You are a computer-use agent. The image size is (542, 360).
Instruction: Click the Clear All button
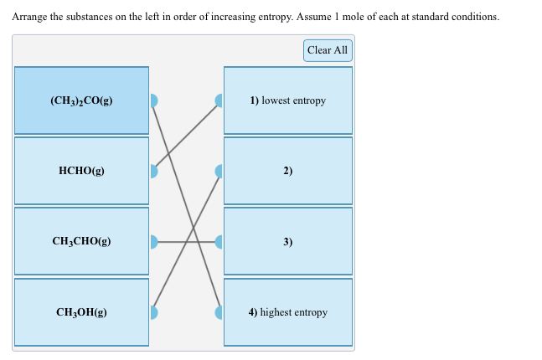[327, 50]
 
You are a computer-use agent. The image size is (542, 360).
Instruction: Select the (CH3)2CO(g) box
[81, 100]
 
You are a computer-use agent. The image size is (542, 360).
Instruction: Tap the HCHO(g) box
[81, 171]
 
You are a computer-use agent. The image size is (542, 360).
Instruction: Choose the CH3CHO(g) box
[81, 241]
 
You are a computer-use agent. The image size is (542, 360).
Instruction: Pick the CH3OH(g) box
[81, 312]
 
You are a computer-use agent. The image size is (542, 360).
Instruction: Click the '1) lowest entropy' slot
[288, 100]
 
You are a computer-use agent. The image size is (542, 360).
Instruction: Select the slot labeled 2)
[288, 171]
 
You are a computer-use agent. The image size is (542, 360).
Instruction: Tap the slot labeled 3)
[288, 241]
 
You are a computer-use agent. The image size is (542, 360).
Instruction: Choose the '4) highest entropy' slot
[288, 312]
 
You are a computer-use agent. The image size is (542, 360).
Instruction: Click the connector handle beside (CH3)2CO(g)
[152, 100]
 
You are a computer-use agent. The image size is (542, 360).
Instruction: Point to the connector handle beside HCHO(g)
[152, 171]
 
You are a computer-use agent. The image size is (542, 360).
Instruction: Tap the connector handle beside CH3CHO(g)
[152, 242]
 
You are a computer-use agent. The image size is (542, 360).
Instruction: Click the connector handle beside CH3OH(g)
[152, 312]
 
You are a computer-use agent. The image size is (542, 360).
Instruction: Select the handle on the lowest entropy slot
[219, 100]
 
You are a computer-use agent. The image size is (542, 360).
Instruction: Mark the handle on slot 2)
[219, 171]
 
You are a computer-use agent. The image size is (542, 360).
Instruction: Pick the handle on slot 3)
[219, 242]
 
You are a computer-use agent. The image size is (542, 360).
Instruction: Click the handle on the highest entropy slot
[219, 312]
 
